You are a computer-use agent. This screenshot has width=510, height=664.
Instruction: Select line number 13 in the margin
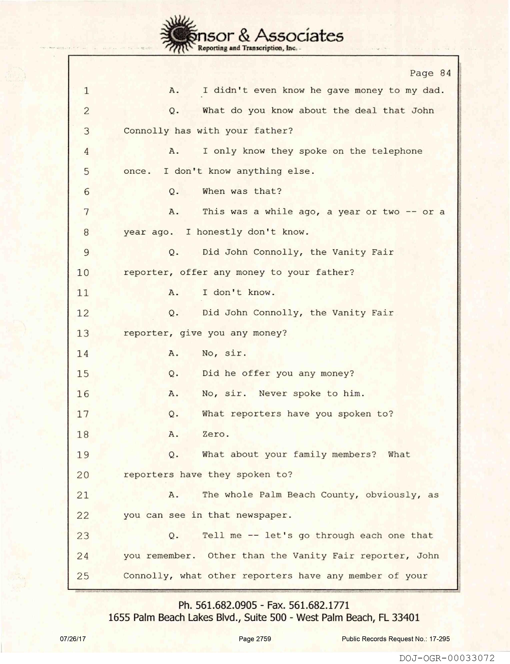(x=83, y=333)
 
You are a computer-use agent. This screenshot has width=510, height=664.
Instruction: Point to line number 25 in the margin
(x=83, y=576)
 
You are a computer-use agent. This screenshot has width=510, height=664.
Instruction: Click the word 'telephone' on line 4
(x=397, y=151)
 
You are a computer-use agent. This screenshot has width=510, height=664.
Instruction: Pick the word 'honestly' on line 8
(x=219, y=232)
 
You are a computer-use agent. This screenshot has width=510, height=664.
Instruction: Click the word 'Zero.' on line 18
(x=216, y=434)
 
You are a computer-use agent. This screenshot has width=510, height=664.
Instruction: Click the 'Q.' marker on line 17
(x=174, y=414)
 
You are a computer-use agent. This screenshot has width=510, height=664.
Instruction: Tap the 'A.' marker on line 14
(x=174, y=353)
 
